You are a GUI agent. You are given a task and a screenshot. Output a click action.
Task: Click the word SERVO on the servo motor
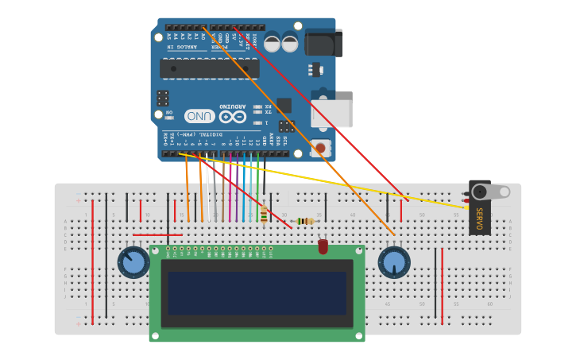point(479,218)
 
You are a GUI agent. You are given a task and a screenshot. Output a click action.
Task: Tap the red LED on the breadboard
point(323,247)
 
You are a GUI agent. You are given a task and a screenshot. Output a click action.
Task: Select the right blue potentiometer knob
point(393,262)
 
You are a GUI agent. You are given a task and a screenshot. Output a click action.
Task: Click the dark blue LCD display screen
point(257,292)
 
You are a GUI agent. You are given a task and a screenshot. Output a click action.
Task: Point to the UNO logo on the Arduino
point(199,116)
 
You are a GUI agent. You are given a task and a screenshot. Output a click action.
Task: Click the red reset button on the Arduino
point(320,147)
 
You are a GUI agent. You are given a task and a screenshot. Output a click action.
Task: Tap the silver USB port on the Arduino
point(331,114)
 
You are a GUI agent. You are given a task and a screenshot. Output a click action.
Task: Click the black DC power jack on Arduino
point(323,43)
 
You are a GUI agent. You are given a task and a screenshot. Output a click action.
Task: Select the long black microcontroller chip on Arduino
point(209,69)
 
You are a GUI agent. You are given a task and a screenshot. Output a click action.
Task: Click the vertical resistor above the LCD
point(263,215)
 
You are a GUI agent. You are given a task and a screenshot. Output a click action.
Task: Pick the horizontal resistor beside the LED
point(305,221)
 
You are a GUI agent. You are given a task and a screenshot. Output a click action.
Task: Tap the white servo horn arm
point(495,192)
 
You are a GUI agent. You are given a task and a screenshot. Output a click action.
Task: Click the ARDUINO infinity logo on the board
point(232,116)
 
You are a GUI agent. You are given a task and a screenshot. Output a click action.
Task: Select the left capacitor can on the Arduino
point(272,43)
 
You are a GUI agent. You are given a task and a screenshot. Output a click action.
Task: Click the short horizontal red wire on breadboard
point(157,234)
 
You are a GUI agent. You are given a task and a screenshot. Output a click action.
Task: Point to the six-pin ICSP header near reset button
point(287,126)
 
